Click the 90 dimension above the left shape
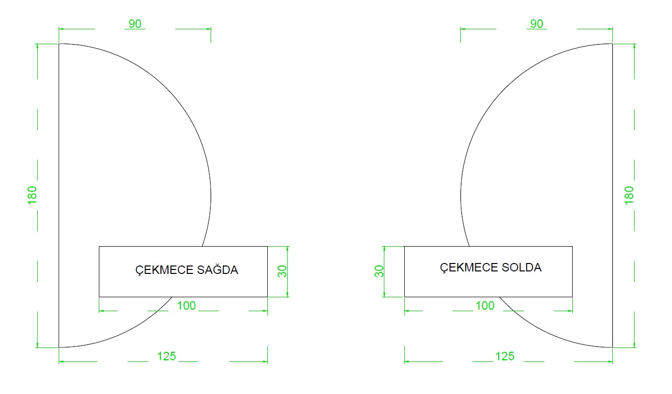(135, 24)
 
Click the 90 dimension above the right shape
(537, 24)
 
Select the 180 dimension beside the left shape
(32, 196)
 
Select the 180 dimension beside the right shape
(629, 196)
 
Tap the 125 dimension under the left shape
(166, 356)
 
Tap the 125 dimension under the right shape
(505, 356)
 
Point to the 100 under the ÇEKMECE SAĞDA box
(186, 306)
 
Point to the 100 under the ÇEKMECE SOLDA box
(485, 306)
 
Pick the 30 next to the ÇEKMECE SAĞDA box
(282, 271)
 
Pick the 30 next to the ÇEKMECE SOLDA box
(379, 271)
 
